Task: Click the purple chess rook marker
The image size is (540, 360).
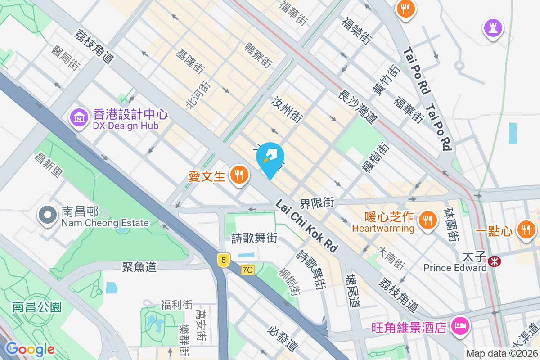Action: [493, 28]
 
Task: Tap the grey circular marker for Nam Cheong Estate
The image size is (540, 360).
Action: [47, 216]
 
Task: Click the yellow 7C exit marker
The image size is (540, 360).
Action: [247, 270]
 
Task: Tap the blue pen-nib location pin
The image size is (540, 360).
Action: [270, 158]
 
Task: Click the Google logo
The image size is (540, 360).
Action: [30, 349]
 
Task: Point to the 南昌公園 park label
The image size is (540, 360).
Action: [36, 307]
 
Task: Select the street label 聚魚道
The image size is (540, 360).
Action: [139, 267]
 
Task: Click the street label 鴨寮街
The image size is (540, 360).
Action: [258, 55]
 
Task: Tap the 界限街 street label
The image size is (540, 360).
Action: [318, 203]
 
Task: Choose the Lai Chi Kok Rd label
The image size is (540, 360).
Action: [306, 225]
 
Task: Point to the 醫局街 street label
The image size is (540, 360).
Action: [66, 58]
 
